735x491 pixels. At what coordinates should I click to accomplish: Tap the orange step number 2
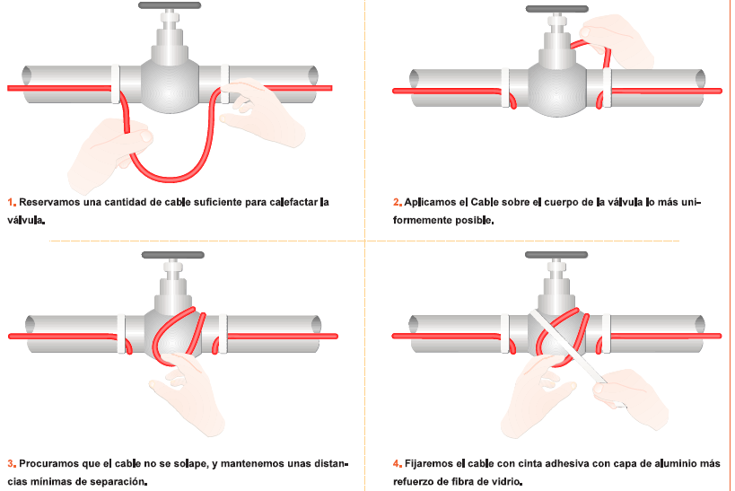click(397, 203)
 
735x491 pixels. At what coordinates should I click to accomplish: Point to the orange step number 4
click(397, 464)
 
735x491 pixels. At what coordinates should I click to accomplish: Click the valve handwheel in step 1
click(170, 5)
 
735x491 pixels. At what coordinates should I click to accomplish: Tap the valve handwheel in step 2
click(557, 9)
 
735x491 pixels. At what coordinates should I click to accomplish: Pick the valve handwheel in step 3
click(173, 255)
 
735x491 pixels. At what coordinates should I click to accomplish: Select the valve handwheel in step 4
click(556, 255)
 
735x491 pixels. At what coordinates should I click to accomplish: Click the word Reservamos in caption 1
click(49, 203)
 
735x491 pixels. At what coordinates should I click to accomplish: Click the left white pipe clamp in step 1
click(115, 84)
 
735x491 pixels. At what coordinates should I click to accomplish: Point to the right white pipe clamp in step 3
click(223, 334)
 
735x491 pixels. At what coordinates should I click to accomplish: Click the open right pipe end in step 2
click(700, 79)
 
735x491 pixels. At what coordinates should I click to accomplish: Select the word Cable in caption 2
click(485, 203)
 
